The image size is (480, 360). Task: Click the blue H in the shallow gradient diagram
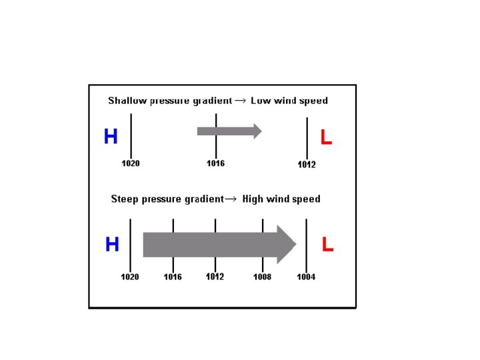[x=111, y=137]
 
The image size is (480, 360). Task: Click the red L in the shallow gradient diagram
[x=326, y=137]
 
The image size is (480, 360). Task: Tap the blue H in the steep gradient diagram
[x=112, y=245]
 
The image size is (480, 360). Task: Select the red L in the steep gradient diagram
[x=327, y=245]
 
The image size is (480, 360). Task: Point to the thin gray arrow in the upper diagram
[x=229, y=131]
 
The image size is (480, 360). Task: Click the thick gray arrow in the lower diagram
[x=219, y=244]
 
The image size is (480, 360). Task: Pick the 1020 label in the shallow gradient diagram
[x=131, y=163]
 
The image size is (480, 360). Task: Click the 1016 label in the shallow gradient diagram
[x=215, y=163]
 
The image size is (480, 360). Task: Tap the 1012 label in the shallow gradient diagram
[x=307, y=165]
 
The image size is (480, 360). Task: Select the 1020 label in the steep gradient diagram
[x=130, y=277]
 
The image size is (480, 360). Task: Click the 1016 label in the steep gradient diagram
[x=173, y=277]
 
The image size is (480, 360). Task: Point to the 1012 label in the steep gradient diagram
[x=215, y=277]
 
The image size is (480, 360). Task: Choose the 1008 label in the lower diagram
[x=262, y=277]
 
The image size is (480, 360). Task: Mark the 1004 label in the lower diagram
[x=306, y=277]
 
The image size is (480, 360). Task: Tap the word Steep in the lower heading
[x=125, y=199]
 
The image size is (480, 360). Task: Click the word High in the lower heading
[x=253, y=199]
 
